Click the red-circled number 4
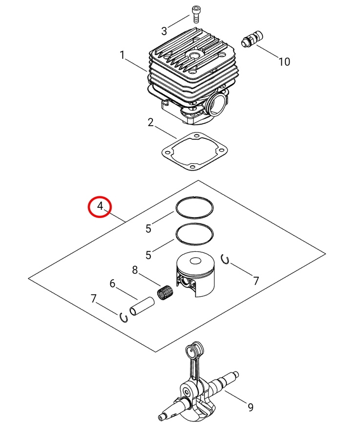tap(100, 206)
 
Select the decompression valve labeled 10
tap(252, 40)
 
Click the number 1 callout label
tap(122, 55)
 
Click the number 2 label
tap(150, 122)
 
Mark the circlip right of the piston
tap(225, 259)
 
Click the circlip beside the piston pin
tap(124, 317)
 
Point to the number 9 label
tap(251, 407)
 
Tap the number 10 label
tap(284, 62)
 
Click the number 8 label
tap(135, 270)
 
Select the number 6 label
tap(112, 284)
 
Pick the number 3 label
tap(164, 31)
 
